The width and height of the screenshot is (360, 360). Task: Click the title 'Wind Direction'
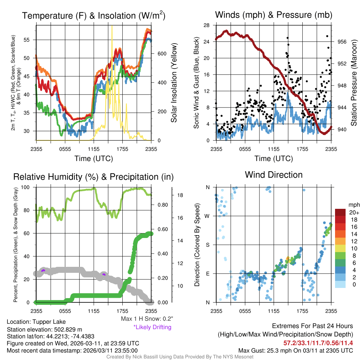274,175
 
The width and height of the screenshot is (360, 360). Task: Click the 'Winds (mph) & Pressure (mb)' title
274,15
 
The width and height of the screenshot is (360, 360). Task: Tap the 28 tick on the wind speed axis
207,25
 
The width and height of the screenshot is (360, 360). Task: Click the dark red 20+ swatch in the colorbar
341,212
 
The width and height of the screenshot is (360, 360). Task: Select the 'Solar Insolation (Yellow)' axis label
174,83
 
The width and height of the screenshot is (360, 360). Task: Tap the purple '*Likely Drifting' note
152,327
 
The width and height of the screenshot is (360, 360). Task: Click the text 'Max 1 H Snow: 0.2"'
146,319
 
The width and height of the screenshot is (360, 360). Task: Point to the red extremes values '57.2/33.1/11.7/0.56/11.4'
318,342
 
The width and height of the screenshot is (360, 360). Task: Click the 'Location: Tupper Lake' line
36,322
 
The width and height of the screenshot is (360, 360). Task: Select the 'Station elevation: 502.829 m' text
44,329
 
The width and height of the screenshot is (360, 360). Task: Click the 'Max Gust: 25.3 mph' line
295,350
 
